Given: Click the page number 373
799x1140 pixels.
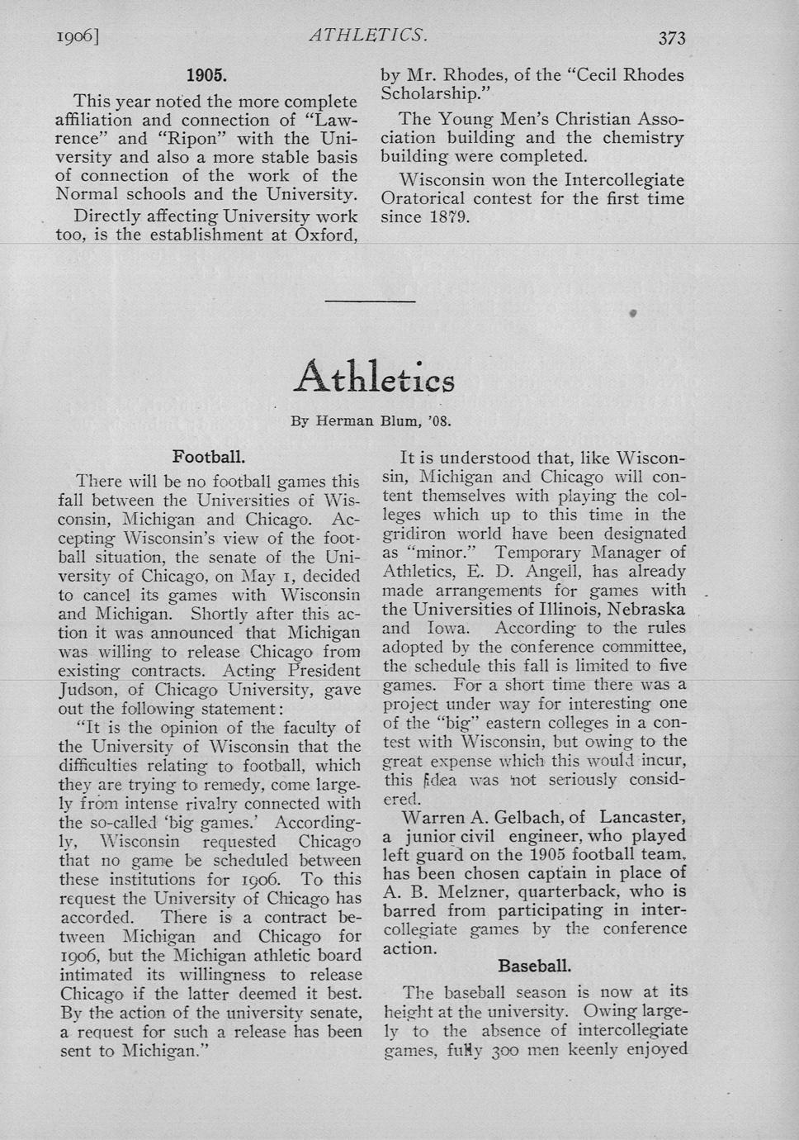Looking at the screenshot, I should (x=672, y=38).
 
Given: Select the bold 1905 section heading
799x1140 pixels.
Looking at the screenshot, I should (x=206, y=76).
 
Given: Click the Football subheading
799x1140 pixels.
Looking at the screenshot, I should (x=209, y=456).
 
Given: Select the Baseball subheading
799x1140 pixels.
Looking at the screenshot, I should (x=534, y=966).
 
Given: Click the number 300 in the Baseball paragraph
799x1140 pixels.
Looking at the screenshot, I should (x=504, y=1050).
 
